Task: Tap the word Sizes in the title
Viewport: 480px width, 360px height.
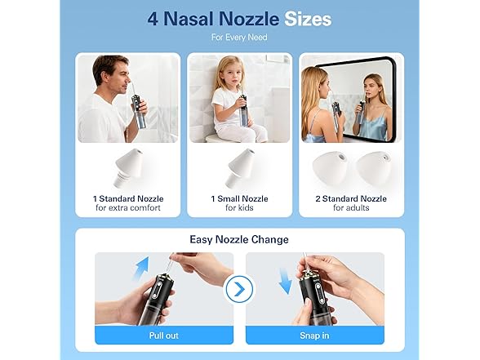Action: [308, 19]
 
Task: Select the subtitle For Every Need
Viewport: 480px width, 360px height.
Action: [239, 38]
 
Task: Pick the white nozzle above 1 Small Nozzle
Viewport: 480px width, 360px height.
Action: [239, 167]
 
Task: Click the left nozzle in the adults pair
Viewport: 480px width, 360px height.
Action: [331, 168]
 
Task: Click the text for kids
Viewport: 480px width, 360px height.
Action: [239, 207]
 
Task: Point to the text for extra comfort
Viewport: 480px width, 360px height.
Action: [127, 207]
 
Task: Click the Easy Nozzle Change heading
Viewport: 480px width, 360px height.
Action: [239, 238]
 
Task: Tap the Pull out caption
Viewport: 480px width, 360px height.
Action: [163, 335]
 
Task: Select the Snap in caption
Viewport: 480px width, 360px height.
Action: [314, 335]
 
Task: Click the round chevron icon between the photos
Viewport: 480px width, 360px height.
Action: [239, 289]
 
